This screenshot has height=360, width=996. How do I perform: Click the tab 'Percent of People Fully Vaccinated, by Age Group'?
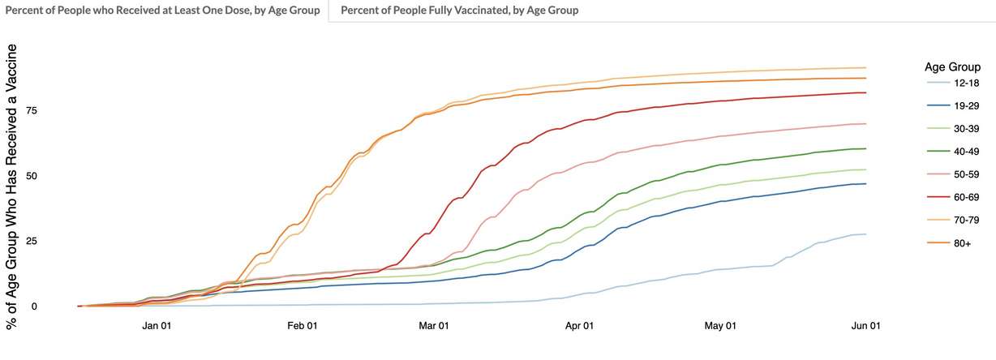(459, 11)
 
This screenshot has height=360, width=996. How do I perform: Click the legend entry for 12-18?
(954, 83)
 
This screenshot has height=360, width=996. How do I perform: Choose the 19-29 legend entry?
(954, 105)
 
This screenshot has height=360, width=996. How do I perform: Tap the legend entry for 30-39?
(954, 128)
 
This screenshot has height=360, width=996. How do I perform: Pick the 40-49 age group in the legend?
(954, 151)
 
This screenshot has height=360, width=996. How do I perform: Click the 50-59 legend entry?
(954, 174)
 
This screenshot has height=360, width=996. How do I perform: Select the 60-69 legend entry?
(954, 196)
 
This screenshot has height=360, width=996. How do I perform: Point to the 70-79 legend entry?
(954, 219)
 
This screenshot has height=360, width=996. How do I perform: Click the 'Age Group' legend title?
(952, 66)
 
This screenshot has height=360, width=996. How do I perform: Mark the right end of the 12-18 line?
(866, 234)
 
